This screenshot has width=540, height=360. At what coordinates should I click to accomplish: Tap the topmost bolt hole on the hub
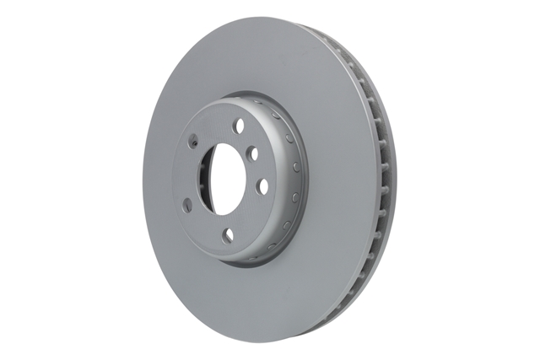pos(239,126)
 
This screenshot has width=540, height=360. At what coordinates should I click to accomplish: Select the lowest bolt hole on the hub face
pos(228,237)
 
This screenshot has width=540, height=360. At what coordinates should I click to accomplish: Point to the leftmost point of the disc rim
pos(143,181)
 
